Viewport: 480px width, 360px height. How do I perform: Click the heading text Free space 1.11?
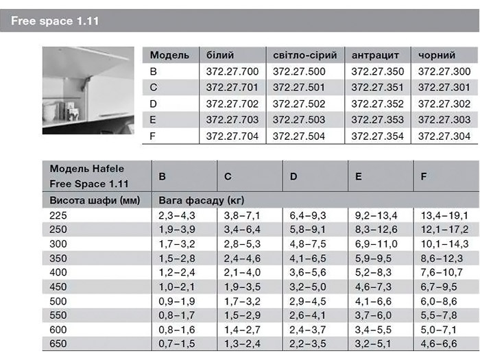coord(55,21)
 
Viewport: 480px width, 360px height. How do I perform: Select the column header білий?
coord(220,55)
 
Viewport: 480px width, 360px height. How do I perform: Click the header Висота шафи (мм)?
coord(95,200)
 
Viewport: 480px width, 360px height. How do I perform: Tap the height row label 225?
coord(58,215)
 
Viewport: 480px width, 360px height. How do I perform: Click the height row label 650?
coord(58,344)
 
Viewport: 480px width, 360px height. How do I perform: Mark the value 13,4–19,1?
coord(444,215)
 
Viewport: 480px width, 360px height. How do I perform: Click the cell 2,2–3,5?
coord(307,344)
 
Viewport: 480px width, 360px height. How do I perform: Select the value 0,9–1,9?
coord(176,301)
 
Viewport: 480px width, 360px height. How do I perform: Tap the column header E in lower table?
coord(359,176)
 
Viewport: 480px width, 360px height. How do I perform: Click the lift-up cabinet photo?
coord(88,90)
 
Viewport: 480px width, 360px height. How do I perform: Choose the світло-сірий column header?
coord(304,55)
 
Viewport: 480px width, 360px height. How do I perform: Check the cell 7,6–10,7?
coord(444,272)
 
